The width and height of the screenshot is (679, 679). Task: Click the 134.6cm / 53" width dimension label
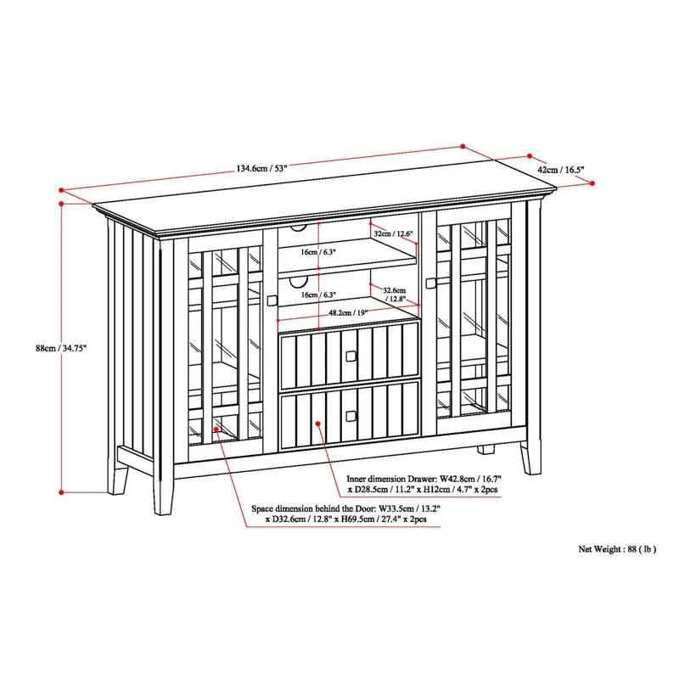(x=261, y=168)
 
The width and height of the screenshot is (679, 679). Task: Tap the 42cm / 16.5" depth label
(x=561, y=170)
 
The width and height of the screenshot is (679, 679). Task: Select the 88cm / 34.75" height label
(x=61, y=348)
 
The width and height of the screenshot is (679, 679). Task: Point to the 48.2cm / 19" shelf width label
(x=348, y=313)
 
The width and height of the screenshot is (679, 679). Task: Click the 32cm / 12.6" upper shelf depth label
(x=393, y=234)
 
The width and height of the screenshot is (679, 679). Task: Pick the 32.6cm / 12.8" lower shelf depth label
(x=394, y=295)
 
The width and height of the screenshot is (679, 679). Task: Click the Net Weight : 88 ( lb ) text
(x=617, y=549)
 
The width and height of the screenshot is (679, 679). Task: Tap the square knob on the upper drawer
(x=351, y=356)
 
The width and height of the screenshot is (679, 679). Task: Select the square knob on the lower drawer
(x=351, y=416)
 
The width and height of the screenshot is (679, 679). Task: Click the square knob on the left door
(x=272, y=300)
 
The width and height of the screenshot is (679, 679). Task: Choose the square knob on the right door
(x=430, y=283)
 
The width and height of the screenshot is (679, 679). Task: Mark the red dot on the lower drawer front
(x=318, y=423)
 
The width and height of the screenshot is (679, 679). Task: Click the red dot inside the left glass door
(x=216, y=429)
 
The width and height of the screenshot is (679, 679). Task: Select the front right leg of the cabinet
(x=531, y=458)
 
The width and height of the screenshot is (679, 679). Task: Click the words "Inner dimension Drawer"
(x=391, y=479)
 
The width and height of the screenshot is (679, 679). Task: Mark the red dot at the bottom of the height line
(x=61, y=492)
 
